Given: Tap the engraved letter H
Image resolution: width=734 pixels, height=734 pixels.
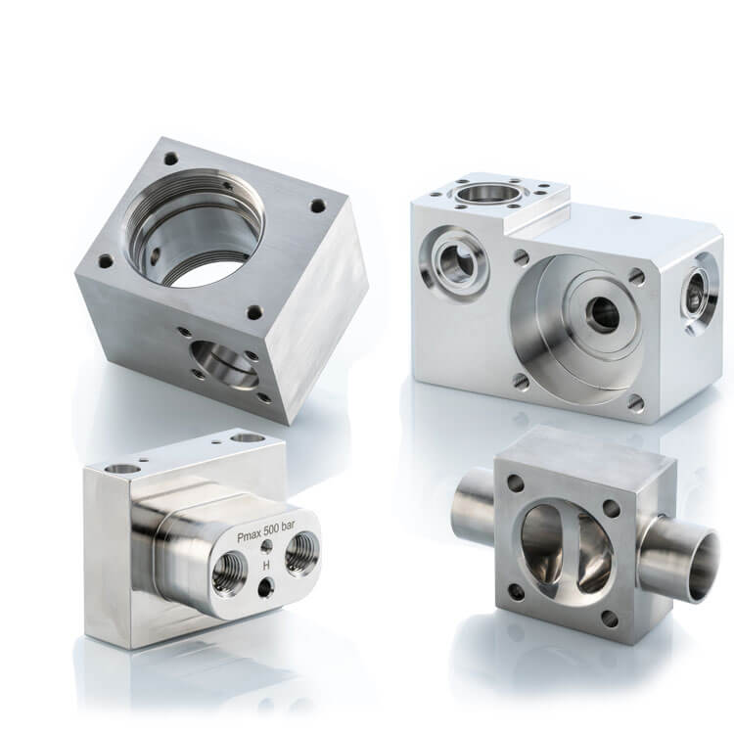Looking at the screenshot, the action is [266, 565].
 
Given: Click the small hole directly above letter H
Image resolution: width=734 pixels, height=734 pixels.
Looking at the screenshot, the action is [268, 546].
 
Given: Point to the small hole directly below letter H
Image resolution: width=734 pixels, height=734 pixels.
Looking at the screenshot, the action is [267, 586].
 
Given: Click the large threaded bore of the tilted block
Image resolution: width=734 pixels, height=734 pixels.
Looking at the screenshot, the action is [195, 228].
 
